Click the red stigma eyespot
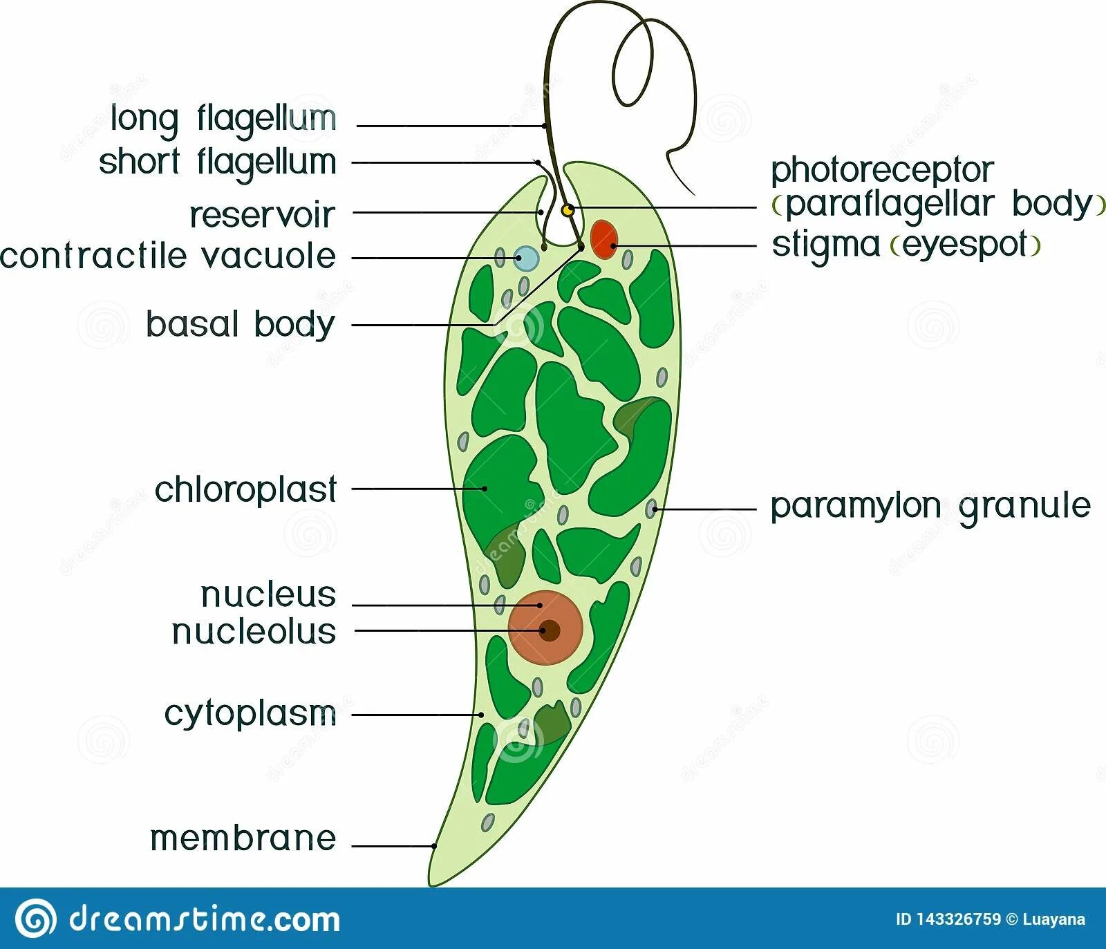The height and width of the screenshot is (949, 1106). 604,239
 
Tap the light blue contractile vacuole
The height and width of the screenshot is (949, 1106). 527,258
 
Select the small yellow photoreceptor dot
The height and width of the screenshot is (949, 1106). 567,209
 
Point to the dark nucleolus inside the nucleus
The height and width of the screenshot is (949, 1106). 550,630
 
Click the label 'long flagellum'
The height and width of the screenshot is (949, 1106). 223,119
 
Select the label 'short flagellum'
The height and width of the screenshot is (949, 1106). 217,163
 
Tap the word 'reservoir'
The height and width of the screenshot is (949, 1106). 262,215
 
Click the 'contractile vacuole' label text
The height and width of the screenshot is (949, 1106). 168,256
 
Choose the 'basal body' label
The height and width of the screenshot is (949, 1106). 240,324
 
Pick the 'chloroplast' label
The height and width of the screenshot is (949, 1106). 245,489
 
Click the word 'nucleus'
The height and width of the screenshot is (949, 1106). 268,594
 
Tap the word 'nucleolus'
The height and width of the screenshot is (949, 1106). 254,632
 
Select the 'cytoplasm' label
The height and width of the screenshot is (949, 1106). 250,714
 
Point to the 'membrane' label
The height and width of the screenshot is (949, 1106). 243,838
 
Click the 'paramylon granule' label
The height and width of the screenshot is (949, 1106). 930,506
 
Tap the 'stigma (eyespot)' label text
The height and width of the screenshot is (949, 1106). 906,245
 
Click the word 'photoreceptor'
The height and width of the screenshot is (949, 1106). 882,170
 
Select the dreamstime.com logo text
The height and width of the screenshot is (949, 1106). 205,919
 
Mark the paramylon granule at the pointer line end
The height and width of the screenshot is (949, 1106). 651,509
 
